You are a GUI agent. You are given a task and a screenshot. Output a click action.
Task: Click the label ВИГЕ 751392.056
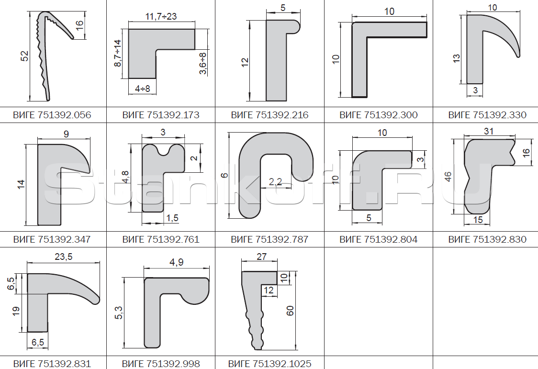(52, 115)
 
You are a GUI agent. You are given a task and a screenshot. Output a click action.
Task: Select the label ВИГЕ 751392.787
(269, 239)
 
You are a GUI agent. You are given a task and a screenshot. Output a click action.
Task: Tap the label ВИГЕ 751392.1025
(269, 364)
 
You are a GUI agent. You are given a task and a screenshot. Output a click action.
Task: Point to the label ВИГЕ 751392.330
(487, 115)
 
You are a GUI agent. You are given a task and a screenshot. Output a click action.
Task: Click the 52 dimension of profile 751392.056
(25, 56)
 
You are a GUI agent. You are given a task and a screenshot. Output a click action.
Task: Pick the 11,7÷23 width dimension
(161, 16)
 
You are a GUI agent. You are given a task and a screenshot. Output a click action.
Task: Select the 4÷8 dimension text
(142, 89)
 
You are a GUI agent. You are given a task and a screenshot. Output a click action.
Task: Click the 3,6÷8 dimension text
(203, 63)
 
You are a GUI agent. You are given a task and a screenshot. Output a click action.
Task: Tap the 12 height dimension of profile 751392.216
(245, 62)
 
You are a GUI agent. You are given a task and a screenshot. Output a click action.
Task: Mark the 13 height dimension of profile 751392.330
(456, 58)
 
